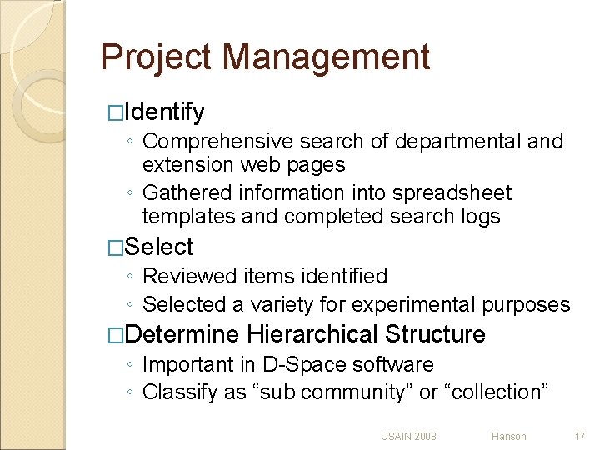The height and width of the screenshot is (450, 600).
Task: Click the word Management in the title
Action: (326, 57)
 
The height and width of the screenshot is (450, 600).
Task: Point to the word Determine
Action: (184, 335)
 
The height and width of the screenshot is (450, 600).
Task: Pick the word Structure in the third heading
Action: (435, 335)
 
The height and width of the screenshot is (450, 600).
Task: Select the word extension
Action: (188, 164)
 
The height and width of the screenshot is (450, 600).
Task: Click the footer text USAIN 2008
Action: (408, 436)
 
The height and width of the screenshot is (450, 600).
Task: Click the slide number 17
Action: (579, 436)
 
